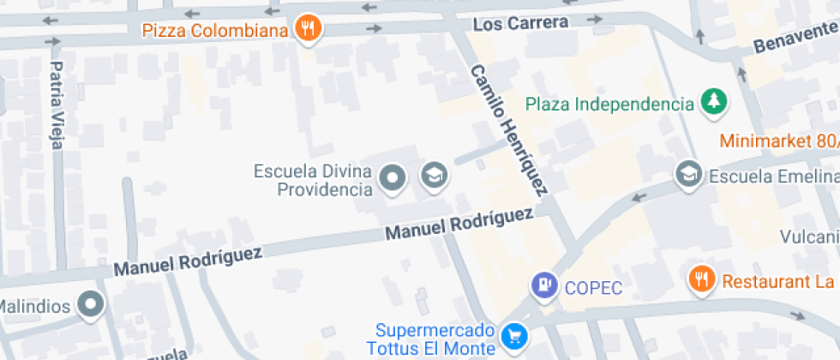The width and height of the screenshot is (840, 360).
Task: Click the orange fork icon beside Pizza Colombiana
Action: (x=308, y=29)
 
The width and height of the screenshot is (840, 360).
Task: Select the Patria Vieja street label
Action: (x=57, y=105)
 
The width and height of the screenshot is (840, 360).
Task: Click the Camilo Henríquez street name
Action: (x=508, y=129)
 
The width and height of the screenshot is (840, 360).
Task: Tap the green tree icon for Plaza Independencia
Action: (x=712, y=104)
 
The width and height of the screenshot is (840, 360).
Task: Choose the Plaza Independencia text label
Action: (x=609, y=105)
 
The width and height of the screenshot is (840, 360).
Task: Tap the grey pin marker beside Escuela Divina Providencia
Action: (x=393, y=177)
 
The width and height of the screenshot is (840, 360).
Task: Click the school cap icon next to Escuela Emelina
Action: (x=687, y=176)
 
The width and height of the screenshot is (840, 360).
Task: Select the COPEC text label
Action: (x=593, y=287)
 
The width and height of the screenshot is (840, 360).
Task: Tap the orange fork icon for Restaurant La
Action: (x=702, y=279)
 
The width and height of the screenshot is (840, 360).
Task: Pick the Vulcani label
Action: (x=809, y=236)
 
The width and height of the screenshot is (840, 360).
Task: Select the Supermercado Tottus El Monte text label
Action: (x=435, y=339)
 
